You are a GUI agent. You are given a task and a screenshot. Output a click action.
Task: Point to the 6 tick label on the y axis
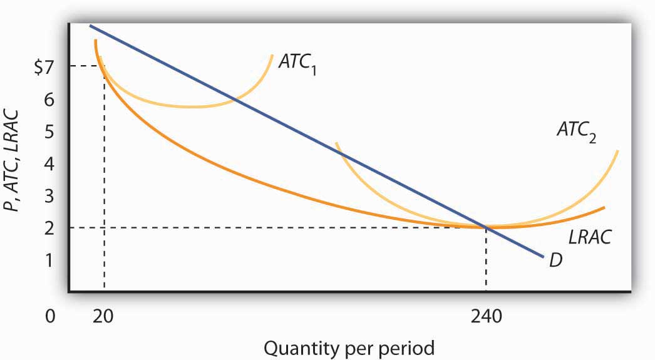click(x=49, y=98)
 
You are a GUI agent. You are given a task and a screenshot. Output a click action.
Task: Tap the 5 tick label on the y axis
click(x=49, y=131)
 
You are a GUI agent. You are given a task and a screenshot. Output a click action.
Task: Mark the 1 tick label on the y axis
click(x=49, y=259)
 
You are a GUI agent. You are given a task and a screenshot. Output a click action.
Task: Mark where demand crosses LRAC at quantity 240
click(x=486, y=227)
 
